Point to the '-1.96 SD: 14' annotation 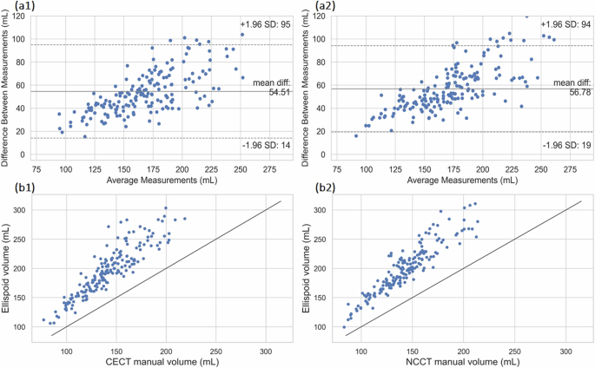coord(264,147)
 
